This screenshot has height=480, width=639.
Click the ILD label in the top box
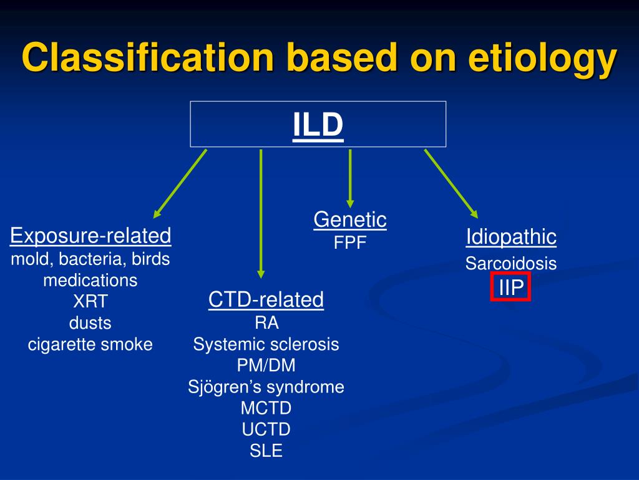pyautogui.click(x=318, y=124)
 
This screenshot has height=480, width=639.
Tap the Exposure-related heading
pyautogui.click(x=90, y=236)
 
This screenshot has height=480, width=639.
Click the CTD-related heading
pyautogui.click(x=266, y=299)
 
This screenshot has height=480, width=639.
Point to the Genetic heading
pyautogui.click(x=349, y=219)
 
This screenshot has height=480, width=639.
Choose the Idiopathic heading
pyautogui.click(x=511, y=237)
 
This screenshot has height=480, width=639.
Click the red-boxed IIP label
pyautogui.click(x=510, y=287)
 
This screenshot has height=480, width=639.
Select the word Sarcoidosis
pyautogui.click(x=511, y=263)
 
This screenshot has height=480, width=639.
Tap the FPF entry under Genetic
pyautogui.click(x=349, y=242)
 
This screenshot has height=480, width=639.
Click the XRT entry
pyautogui.click(x=90, y=302)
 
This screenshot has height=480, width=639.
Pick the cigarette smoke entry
pyautogui.click(x=90, y=344)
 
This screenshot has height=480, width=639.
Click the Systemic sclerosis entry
pyautogui.click(x=266, y=344)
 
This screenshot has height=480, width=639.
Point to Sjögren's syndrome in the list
pyautogui.click(x=266, y=387)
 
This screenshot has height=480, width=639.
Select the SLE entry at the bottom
pyautogui.click(x=266, y=451)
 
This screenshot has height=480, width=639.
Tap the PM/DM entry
pyautogui.click(x=266, y=365)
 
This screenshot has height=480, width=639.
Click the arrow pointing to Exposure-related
pyautogui.click(x=180, y=184)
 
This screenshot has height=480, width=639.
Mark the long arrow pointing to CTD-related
pyautogui.click(x=261, y=212)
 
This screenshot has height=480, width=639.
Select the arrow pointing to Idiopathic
pyautogui.click(x=451, y=182)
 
